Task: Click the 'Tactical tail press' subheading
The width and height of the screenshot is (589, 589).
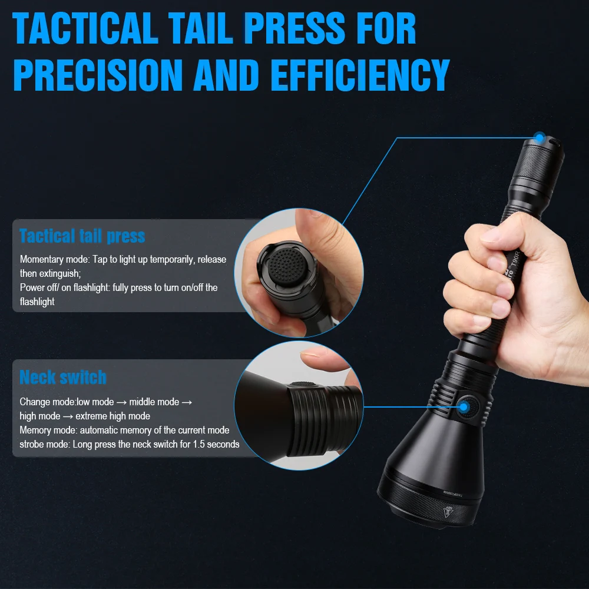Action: pyautogui.click(x=82, y=236)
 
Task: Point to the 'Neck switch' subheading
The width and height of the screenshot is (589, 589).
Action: pyautogui.click(x=63, y=377)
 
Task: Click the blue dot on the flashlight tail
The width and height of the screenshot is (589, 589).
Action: pyautogui.click(x=539, y=138)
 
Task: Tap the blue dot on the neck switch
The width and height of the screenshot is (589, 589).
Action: pyautogui.click(x=464, y=406)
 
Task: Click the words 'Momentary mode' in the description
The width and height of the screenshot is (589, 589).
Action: pyautogui.click(x=54, y=259)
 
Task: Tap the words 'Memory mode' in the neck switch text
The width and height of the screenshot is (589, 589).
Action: pyautogui.click(x=47, y=430)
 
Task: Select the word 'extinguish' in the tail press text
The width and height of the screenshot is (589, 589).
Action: pyautogui.click(x=59, y=273)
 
